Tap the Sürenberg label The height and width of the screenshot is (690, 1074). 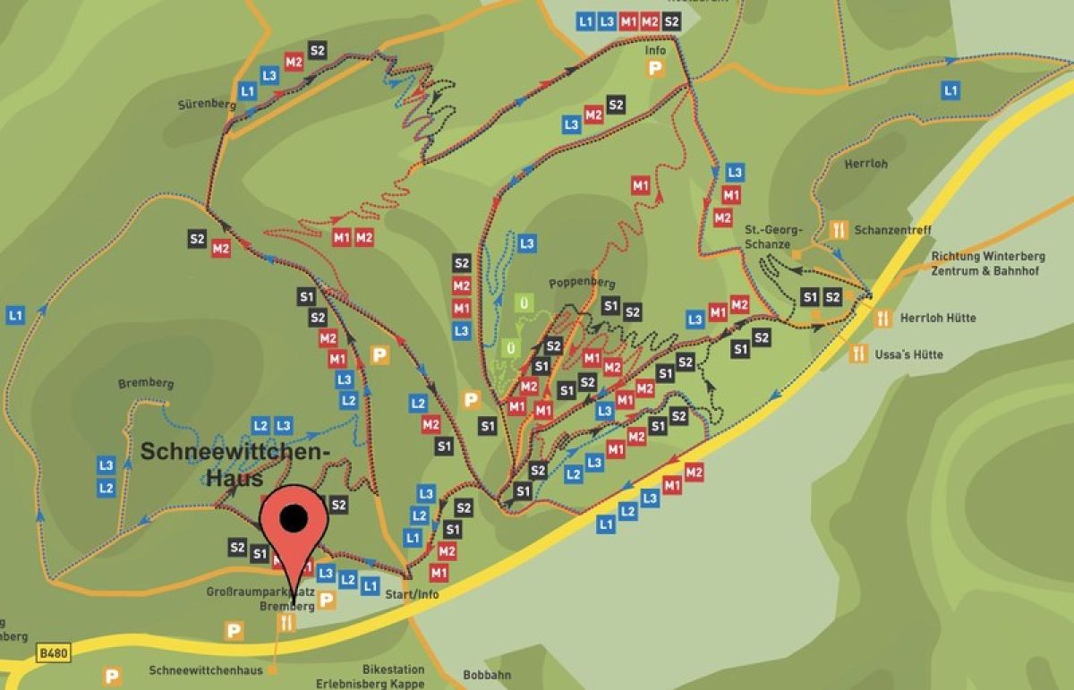coord(207,105)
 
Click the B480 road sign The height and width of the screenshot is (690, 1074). coord(53,654)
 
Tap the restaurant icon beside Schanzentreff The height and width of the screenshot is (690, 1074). coord(839,230)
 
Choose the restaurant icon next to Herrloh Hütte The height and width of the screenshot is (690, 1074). coord(882,318)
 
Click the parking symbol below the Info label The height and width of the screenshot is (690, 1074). coord(657,69)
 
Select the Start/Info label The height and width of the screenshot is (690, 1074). coord(411,595)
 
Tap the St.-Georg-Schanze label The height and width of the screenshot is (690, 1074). coord(774,236)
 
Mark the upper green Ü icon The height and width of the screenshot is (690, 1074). coord(524,303)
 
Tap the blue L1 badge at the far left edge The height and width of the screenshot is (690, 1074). coord(15,315)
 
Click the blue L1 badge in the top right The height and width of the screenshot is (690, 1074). coord(950,90)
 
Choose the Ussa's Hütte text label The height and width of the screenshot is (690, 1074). coord(909,354)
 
